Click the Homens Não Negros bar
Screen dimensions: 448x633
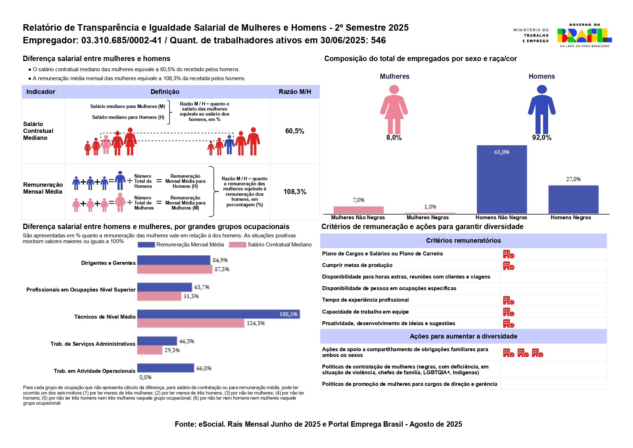(502, 179)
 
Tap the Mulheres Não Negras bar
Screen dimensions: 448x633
(358, 210)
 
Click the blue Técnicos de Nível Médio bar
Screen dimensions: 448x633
(218, 314)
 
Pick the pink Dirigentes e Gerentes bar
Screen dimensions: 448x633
(175, 269)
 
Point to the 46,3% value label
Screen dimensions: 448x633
(187, 341)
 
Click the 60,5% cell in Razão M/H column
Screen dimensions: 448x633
(295, 131)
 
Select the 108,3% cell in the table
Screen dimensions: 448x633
(295, 191)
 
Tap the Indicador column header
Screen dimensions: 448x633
(41, 92)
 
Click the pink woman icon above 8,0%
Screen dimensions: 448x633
(394, 109)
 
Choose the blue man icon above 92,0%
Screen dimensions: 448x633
(542, 109)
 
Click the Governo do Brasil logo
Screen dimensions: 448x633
(584, 35)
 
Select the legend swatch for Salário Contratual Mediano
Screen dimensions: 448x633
(238, 245)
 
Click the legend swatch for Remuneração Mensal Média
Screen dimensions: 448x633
(146, 245)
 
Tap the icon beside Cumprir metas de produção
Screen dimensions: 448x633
(508, 266)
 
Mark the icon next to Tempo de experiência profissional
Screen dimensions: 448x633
(508, 301)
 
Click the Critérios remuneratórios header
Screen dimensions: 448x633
(463, 241)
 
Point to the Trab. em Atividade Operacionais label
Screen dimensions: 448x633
(95, 371)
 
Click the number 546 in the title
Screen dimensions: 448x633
(378, 40)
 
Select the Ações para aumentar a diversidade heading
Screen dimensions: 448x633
(463, 336)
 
